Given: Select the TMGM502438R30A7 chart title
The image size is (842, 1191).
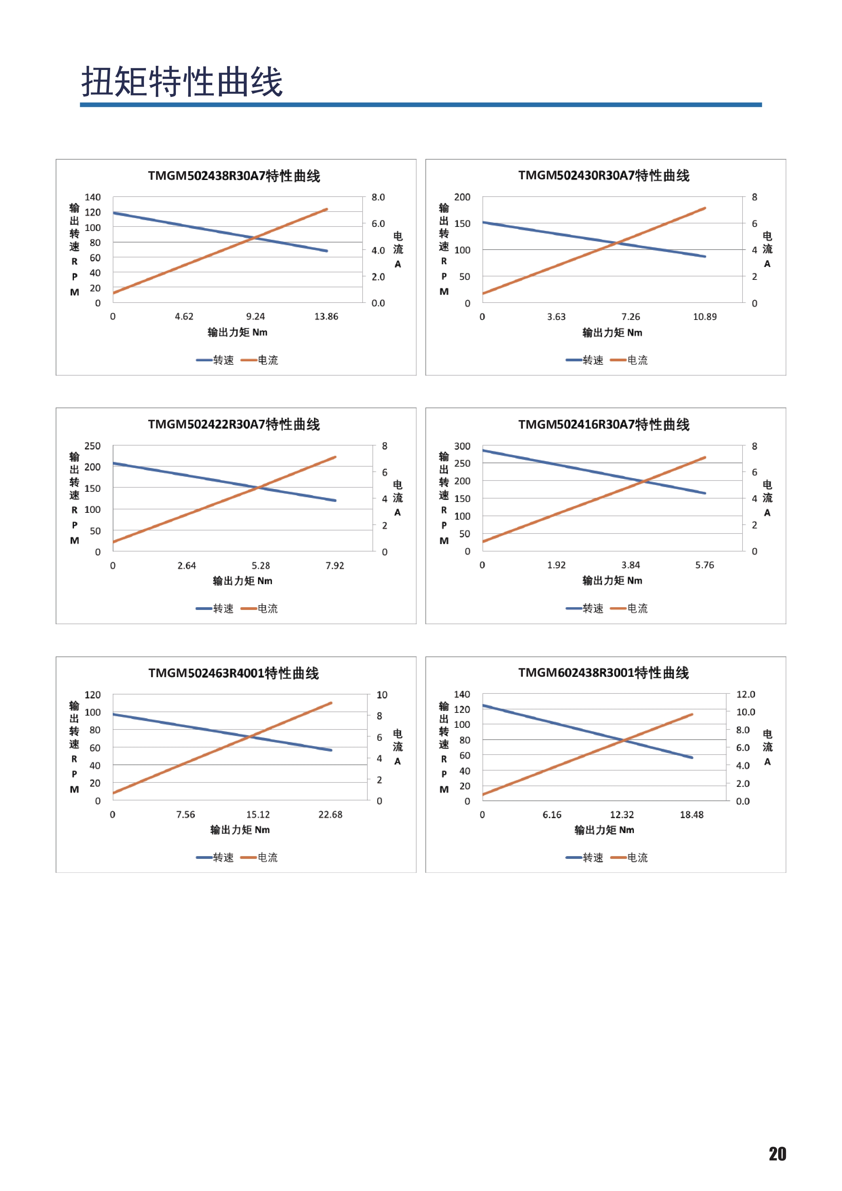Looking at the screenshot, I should point(234,176).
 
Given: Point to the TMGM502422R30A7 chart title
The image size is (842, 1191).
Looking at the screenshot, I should point(234,424).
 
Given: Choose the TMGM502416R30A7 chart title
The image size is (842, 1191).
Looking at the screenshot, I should point(604,424).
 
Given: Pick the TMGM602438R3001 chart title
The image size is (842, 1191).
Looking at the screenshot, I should point(604,673).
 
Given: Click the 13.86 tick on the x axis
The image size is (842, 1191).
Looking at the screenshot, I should point(326,317).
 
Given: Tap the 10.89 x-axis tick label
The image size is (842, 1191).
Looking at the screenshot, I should point(704,317).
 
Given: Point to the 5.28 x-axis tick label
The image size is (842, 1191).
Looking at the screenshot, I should point(261,565).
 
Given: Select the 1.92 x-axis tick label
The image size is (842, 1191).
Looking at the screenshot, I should point(556,565).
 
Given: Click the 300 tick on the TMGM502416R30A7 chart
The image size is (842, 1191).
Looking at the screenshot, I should point(462,446).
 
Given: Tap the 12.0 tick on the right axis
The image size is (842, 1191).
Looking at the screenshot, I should point(746,694).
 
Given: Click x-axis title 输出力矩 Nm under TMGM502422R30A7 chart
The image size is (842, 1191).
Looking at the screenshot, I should point(242,581).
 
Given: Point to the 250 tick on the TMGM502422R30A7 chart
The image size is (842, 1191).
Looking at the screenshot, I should point(92,446).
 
